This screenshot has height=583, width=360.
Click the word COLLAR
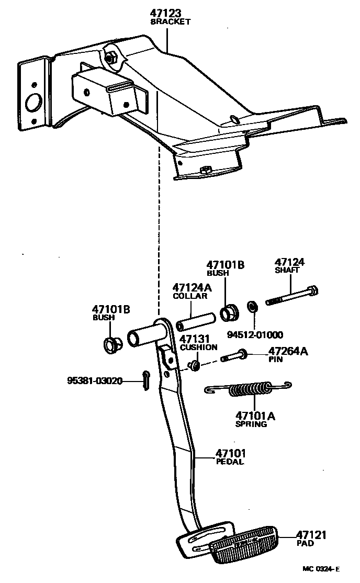[190, 296]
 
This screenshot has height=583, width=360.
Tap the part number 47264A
[288, 351]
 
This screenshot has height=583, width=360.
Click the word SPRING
[251, 424]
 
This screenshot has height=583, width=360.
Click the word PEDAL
[230, 462]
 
